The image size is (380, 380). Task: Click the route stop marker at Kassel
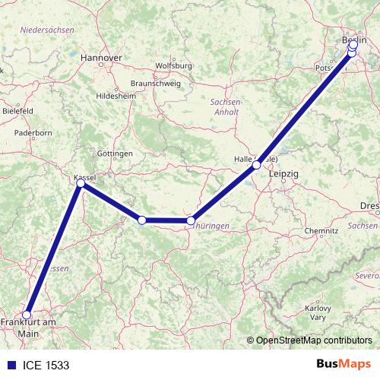pyautogui.click(x=81, y=183)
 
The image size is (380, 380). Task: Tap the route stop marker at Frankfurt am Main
pyautogui.click(x=27, y=315)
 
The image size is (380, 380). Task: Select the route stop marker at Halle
pyautogui.click(x=257, y=164)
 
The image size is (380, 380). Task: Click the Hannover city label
pyautogui.click(x=101, y=57)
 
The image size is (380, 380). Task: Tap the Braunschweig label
pyautogui.click(x=155, y=82)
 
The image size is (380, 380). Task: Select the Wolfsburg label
pyautogui.click(x=173, y=66)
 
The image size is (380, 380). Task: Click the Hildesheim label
pyautogui.click(x=119, y=96)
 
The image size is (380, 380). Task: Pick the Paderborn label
pyautogui.click(x=33, y=132)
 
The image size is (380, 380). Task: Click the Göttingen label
pyautogui.click(x=115, y=153)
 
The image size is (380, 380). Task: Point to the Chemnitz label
pyautogui.click(x=320, y=230)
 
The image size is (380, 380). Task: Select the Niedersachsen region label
pyautogui.click(x=47, y=30)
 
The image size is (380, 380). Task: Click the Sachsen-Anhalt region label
pyautogui.click(x=226, y=106)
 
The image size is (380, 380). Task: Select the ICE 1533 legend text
pyautogui.click(x=46, y=365)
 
